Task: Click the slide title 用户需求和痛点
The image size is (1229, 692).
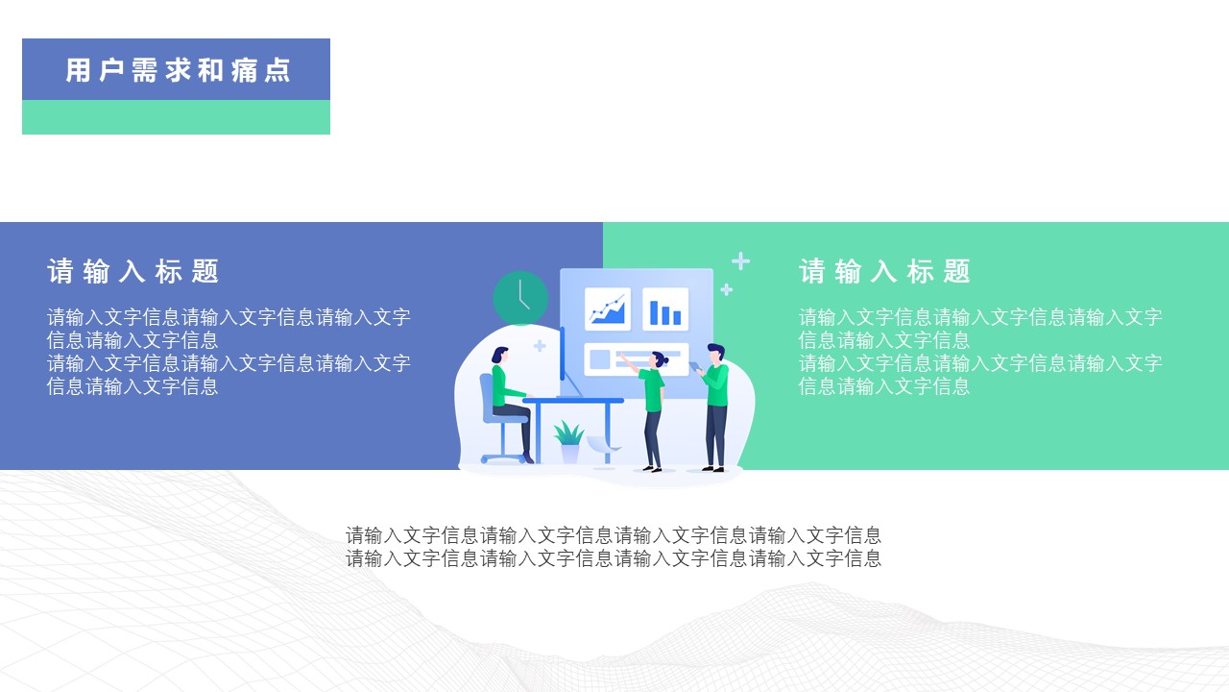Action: click(x=178, y=70)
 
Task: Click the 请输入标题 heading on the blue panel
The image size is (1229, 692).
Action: click(x=133, y=272)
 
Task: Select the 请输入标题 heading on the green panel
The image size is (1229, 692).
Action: click(x=885, y=272)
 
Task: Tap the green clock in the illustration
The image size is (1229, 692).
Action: click(x=520, y=298)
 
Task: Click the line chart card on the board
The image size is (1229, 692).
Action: click(x=607, y=309)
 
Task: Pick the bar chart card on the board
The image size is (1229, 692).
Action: click(x=664, y=309)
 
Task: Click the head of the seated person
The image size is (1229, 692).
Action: click(x=499, y=355)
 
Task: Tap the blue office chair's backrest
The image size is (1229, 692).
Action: click(x=487, y=394)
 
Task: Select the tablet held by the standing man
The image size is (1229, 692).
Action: click(x=695, y=366)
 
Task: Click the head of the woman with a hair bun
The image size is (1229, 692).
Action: click(x=659, y=361)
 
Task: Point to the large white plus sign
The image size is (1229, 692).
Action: click(x=740, y=261)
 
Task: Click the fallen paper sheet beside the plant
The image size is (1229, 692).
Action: click(x=602, y=443)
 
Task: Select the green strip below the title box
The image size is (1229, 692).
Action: click(x=176, y=117)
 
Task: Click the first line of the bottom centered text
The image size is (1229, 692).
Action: click(x=614, y=535)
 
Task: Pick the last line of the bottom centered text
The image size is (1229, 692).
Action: click(x=614, y=558)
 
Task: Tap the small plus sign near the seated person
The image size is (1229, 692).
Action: click(x=540, y=346)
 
